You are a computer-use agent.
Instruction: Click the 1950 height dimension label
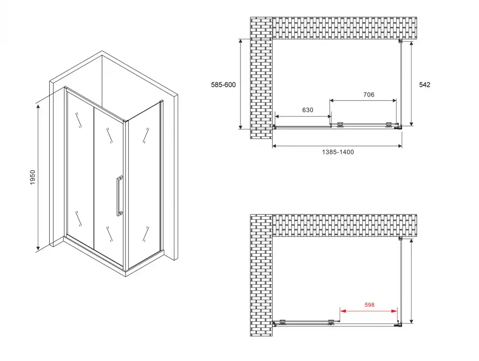coord(33,177)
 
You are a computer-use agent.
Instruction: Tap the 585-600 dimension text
coord(223,85)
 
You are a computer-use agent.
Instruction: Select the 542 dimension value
coord(424,85)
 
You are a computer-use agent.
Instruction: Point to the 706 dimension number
coord(369,95)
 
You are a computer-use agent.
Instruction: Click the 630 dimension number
coord(308,110)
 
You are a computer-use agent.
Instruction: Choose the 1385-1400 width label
coord(338,152)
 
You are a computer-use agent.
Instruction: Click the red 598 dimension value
coord(369,305)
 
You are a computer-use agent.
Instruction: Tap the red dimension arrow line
coord(369,311)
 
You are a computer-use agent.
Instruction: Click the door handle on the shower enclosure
coord(119,196)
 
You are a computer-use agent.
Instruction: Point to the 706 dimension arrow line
coord(363,100)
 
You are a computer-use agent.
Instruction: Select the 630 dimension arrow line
coord(303,116)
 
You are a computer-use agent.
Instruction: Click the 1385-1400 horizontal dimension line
coord(337,146)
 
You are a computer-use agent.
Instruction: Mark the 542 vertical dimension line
coord(411,84)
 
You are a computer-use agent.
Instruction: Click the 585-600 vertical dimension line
coord(241,84)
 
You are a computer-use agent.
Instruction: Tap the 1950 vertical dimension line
coord(38,177)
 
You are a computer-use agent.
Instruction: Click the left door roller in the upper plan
coord(340,125)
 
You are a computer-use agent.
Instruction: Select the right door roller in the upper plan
coord(389,125)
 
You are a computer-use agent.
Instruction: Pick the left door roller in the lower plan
coord(282,322)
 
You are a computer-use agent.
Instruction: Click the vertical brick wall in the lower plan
coord(261,275)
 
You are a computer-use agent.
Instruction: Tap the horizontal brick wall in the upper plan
coord(344,28)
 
